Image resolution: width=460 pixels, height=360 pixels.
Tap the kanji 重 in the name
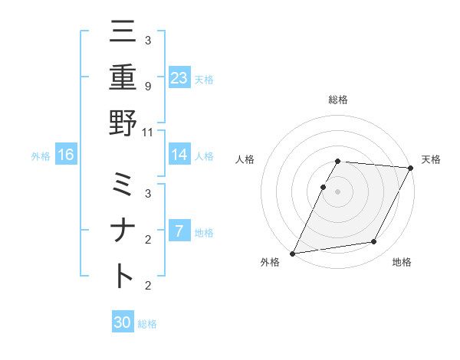[x=123, y=77]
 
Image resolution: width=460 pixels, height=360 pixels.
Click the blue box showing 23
[x=179, y=77]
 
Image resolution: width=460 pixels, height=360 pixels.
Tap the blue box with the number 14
[x=179, y=155]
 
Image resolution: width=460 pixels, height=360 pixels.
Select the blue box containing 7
[x=179, y=231]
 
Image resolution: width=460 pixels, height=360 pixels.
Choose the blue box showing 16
[x=66, y=155]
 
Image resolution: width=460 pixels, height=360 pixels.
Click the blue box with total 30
[x=123, y=322]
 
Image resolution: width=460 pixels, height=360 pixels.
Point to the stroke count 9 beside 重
[x=147, y=86]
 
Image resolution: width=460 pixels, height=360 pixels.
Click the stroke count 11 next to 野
[x=147, y=131]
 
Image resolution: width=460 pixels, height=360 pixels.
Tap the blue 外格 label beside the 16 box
[x=41, y=155]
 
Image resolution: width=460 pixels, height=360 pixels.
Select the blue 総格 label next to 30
[x=147, y=323]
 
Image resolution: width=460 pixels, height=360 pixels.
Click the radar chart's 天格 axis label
[x=431, y=159]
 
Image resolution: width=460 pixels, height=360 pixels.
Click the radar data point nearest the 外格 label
[x=292, y=253]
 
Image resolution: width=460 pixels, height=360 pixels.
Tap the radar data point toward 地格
[x=374, y=242]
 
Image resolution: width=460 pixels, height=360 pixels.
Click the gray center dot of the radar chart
[x=337, y=191]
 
